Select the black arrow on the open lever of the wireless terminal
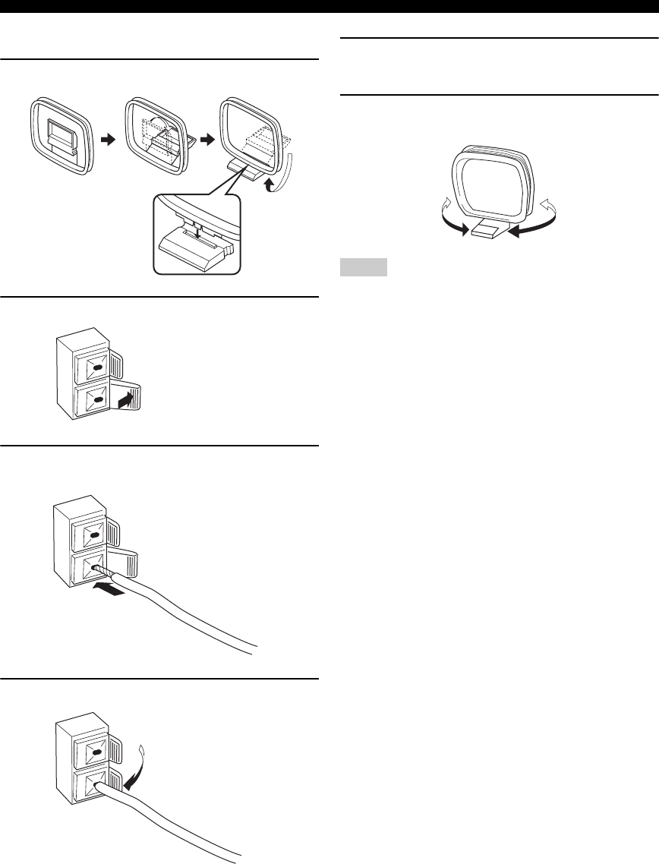pyautogui.click(x=128, y=399)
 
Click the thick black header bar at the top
pyautogui.click(x=329, y=6)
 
